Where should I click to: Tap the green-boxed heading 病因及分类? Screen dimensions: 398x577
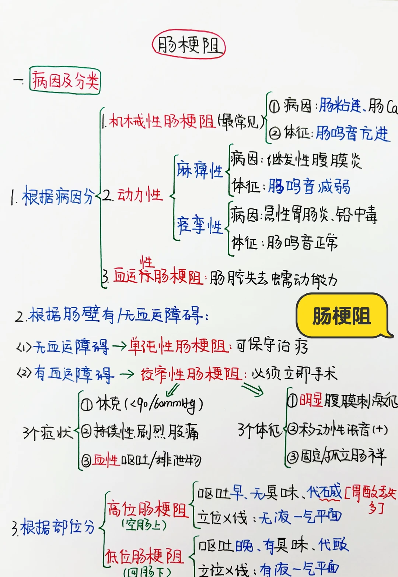pyautogui.click(x=65, y=80)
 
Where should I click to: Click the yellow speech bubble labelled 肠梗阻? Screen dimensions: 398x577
pyautogui.click(x=342, y=316)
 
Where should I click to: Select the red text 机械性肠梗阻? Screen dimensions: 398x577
pyautogui.click(x=162, y=121)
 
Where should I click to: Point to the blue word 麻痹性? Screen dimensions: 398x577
pyautogui.click(x=199, y=170)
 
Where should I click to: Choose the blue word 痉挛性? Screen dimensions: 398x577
pyautogui.click(x=200, y=225)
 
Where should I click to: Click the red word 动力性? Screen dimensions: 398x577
pyautogui.click(x=140, y=195)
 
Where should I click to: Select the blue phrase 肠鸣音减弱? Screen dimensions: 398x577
pyautogui.click(x=309, y=186)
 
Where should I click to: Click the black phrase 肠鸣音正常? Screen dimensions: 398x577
pyautogui.click(x=302, y=242)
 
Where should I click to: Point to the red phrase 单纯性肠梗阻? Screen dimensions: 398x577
pyautogui.click(x=178, y=346)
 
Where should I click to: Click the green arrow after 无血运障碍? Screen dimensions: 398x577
pyautogui.click(x=119, y=346)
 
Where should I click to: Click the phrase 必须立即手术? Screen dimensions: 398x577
pyautogui.click(x=294, y=374)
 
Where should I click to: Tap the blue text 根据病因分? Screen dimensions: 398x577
pyautogui.click(x=57, y=197)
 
